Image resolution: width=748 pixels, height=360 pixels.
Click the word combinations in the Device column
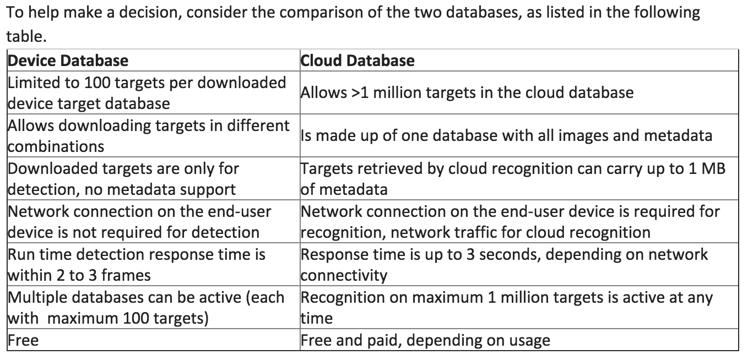point(56,146)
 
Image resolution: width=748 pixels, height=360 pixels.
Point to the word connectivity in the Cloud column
point(344,276)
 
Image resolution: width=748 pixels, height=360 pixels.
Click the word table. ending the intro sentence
point(26,36)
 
